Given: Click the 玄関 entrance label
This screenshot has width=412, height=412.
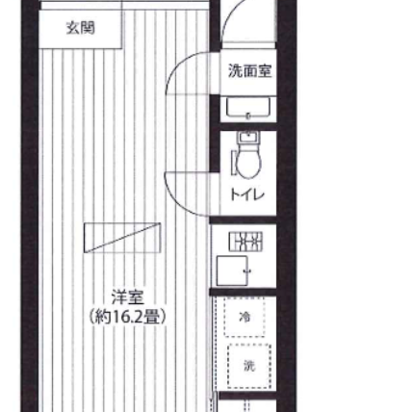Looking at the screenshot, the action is click(81, 28).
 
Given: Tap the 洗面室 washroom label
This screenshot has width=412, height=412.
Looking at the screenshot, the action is click(250, 71).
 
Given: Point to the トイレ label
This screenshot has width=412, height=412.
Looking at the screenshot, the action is click(247, 194).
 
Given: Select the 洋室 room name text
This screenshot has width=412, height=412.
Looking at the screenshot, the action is click(128, 297).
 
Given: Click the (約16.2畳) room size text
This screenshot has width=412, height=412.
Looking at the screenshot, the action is click(128, 317).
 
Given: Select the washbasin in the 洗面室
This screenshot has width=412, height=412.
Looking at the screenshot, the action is click(248, 109).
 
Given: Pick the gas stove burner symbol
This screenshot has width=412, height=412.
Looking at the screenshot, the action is click(245, 242).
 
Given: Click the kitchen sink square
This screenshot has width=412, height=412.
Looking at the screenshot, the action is click(232, 270).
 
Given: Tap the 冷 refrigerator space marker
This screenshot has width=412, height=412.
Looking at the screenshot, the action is click(245, 317).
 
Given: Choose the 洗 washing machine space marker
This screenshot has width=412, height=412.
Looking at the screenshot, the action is click(249, 366).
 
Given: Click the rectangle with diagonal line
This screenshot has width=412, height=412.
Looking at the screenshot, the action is click(122, 238).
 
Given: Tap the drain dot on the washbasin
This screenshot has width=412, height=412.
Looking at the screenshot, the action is click(247, 116).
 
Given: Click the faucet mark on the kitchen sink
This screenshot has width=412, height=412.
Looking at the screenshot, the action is click(247, 271).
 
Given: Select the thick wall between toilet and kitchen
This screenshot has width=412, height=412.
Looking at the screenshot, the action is click(244, 220).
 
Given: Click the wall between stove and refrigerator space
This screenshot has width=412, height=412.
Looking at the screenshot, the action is click(244, 292).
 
